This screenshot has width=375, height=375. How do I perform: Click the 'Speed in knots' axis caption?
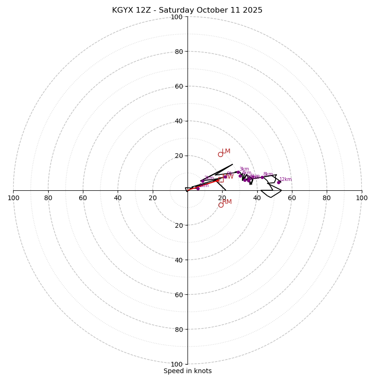pyautogui.click(x=187, y=371)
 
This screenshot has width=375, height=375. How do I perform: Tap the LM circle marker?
pyautogui.click(x=220, y=154)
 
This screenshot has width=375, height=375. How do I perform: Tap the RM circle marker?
pyautogui.click(x=221, y=205)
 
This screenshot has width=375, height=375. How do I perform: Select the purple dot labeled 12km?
pyautogui.click(x=278, y=182)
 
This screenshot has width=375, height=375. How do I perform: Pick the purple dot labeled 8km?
pyautogui.click(x=262, y=177)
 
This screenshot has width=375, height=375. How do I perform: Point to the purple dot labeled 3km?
pyautogui.click(x=238, y=172)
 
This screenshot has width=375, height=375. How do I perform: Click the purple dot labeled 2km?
pyautogui.click(x=202, y=181)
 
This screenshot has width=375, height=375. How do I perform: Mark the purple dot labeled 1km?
pyautogui.click(x=198, y=188)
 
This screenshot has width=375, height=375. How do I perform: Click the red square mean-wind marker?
pyautogui.click(x=221, y=180)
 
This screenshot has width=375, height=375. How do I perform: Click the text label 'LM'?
pyautogui.click(x=226, y=151)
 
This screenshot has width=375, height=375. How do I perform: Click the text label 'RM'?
pyautogui.click(x=227, y=202)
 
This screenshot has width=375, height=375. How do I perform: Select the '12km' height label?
pyautogui.click(x=285, y=179)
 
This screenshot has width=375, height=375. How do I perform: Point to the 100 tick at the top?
pyautogui.click(x=177, y=17)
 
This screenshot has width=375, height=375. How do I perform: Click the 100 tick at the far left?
pyautogui.click(x=13, y=198)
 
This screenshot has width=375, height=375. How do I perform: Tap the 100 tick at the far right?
pyautogui.click(x=361, y=198)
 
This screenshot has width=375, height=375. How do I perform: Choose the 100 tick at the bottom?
pyautogui.click(x=177, y=364)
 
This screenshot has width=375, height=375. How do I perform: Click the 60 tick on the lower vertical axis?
pyautogui.click(x=179, y=294)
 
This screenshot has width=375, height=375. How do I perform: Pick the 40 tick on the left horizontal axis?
pyautogui.click(x=118, y=198)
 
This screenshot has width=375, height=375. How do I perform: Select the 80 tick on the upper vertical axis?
pyautogui.click(x=179, y=52)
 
